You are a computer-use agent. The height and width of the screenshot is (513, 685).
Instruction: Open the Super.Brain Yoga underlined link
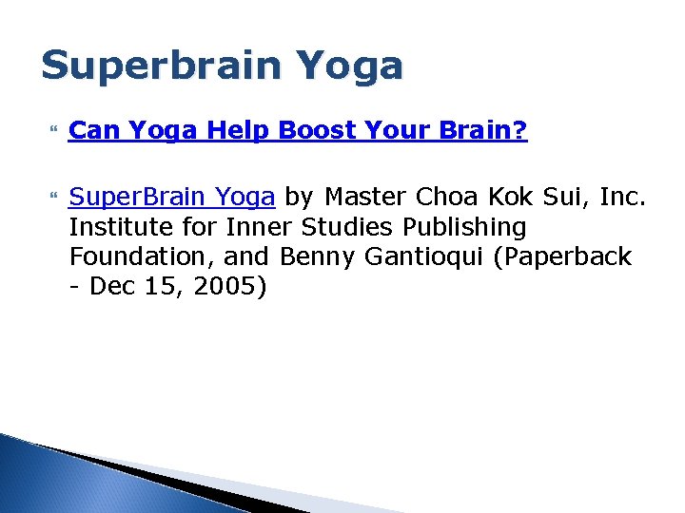point(172,198)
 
